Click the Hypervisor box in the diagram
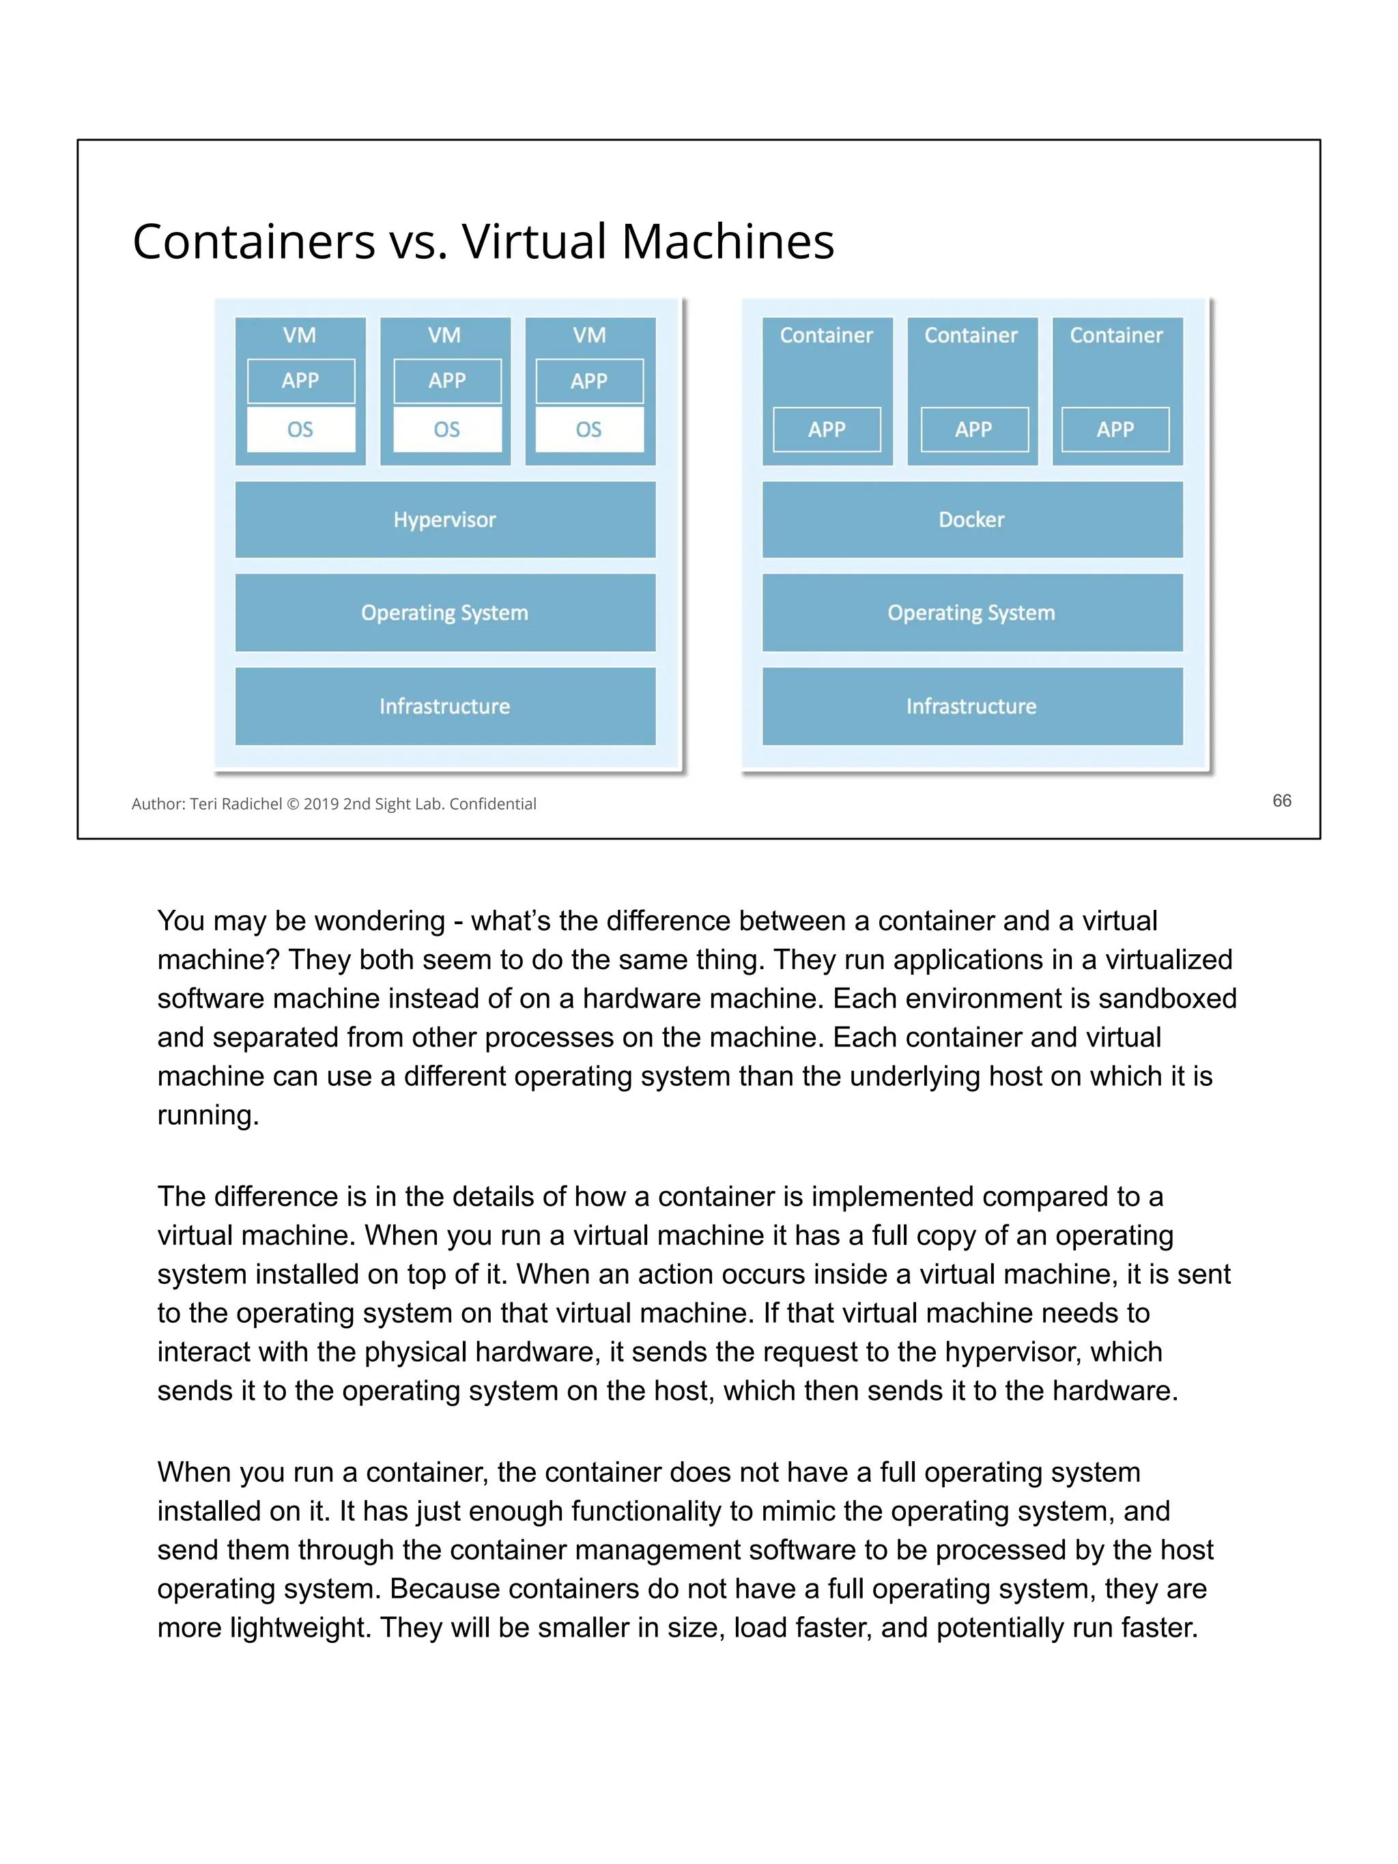[445, 519]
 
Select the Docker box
[971, 519]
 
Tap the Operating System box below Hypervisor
[445, 613]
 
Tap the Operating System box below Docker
[971, 613]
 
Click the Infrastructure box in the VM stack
[445, 706]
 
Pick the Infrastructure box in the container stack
[971, 706]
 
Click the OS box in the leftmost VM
[301, 430]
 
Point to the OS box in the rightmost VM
[589, 430]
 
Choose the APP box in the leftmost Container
[827, 430]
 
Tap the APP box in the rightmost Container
[1115, 430]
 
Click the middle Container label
[971, 335]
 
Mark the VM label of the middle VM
[444, 335]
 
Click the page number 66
[1281, 801]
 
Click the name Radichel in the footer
[252, 804]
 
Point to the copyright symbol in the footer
[294, 804]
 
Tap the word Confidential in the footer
[493, 804]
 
